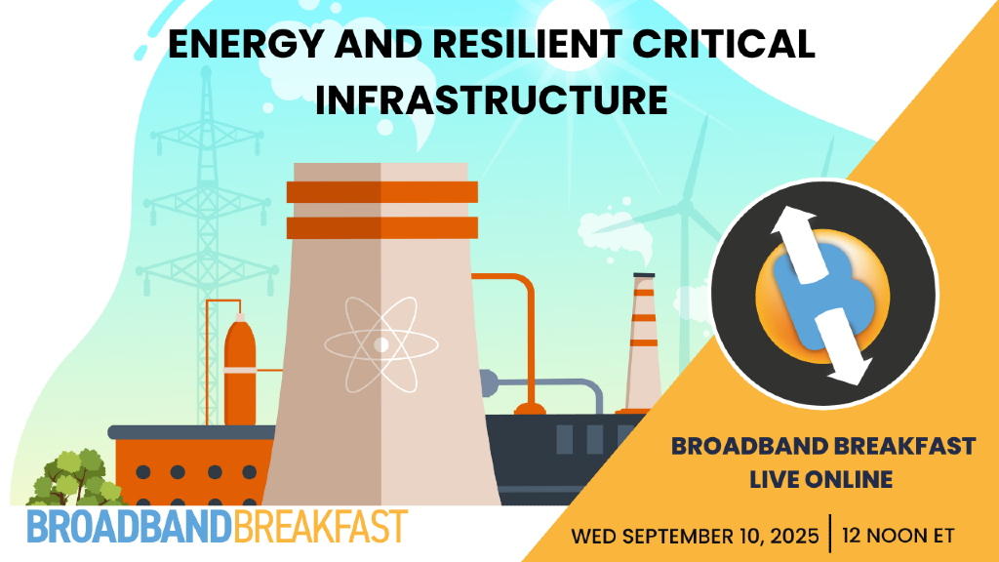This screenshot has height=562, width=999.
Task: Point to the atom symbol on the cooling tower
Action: (380, 342)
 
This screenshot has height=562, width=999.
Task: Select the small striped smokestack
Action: (643, 341)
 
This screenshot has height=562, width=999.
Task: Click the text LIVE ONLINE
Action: (820, 479)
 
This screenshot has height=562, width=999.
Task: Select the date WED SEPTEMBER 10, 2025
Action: (696, 537)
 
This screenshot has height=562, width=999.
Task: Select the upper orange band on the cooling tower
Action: (381, 191)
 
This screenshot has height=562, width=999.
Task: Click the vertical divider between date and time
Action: (830, 535)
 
